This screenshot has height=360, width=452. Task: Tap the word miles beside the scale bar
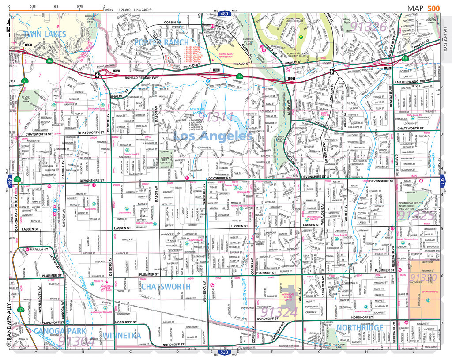click(110, 8)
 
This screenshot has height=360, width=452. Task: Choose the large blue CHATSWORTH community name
click(166, 286)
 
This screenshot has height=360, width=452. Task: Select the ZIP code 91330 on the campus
click(423, 277)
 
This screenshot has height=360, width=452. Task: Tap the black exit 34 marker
click(28, 45)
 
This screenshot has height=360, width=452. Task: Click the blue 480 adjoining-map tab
click(225, 14)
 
